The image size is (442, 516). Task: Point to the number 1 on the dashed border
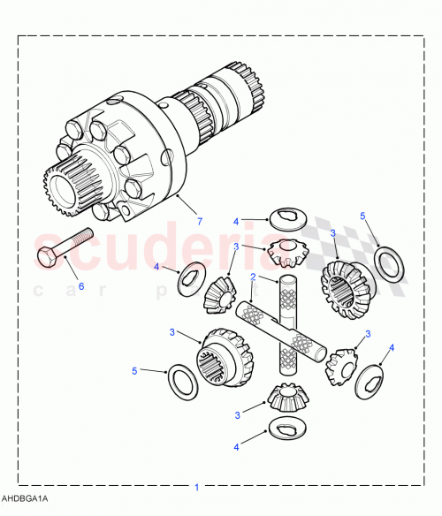[196, 486]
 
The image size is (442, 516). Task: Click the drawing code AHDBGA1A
[25, 500]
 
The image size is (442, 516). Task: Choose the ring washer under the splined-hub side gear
[183, 381]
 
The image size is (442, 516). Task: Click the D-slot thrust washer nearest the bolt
[189, 281]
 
